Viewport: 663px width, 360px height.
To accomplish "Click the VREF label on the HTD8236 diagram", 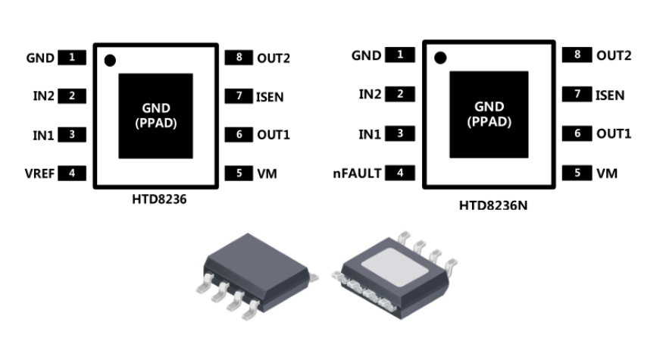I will pos(40,173).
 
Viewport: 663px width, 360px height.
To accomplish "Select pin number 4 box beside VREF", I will pos(72,173).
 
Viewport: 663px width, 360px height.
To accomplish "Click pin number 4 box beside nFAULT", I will pos(401,173).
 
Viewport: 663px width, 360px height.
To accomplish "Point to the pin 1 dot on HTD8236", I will pos(110,60).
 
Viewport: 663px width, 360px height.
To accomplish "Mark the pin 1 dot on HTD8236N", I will pos(439,57).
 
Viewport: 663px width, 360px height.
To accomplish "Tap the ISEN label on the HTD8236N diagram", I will pos(610,95).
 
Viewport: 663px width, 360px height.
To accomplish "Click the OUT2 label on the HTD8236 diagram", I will pos(274,58).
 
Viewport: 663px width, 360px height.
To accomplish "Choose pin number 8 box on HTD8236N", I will pos(577,55).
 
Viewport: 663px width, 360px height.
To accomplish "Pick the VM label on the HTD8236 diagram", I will pos(267,174).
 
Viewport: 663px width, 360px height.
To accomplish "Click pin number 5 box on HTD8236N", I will pos(577,173).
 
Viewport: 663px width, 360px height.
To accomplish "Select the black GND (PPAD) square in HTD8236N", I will pos(489,112).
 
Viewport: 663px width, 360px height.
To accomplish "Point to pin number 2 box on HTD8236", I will pos(72,95).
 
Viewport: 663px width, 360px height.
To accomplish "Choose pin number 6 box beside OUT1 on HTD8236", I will pos(239,134).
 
